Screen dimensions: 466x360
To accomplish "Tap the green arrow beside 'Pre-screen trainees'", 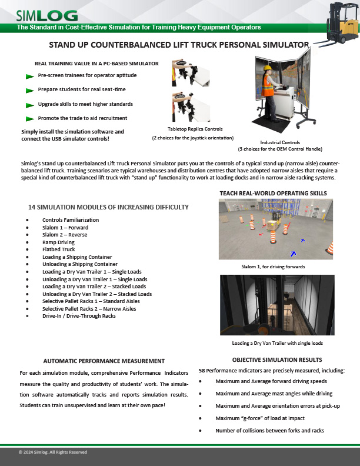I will [x=30, y=76].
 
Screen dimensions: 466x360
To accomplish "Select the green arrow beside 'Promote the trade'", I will [x=30, y=119].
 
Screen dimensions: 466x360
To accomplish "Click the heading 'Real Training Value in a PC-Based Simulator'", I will [x=88, y=63].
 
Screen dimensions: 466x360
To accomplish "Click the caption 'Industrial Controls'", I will [x=280, y=142].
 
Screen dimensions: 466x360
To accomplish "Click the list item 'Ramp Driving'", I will [x=58, y=242].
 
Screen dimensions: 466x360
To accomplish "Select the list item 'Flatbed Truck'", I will [x=59, y=249].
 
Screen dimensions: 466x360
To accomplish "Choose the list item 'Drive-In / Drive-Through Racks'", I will [x=79, y=316].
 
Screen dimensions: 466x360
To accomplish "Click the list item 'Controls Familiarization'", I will [x=71, y=219].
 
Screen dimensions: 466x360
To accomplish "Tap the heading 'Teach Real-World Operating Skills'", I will [x=273, y=193].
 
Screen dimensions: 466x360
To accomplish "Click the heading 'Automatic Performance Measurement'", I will [x=104, y=361].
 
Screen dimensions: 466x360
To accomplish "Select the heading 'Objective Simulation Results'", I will [x=276, y=360].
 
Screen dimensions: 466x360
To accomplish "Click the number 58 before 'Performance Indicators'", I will [x=202, y=371].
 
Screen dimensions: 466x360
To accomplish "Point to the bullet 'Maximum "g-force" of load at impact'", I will [x=259, y=418].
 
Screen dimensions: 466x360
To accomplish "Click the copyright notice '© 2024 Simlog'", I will [x=53, y=452].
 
